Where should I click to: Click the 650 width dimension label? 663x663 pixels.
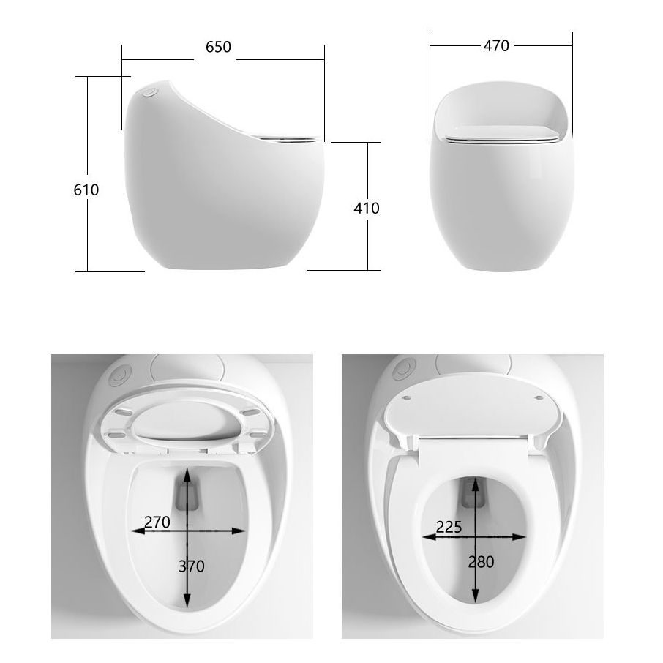point(218,47)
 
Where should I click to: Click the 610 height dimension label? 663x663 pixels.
point(86,190)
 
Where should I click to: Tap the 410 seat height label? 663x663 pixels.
point(366,208)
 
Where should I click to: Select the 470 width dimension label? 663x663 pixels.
point(495,45)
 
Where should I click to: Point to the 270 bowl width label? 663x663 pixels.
point(157,522)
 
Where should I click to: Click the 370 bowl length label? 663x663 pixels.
point(191,566)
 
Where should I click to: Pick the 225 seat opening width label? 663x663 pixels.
point(448,527)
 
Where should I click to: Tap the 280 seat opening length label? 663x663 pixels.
point(480,562)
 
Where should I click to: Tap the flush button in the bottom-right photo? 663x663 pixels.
point(402,369)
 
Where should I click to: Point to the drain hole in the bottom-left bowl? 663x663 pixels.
point(188,497)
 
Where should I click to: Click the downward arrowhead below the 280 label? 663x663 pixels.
point(476,596)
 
